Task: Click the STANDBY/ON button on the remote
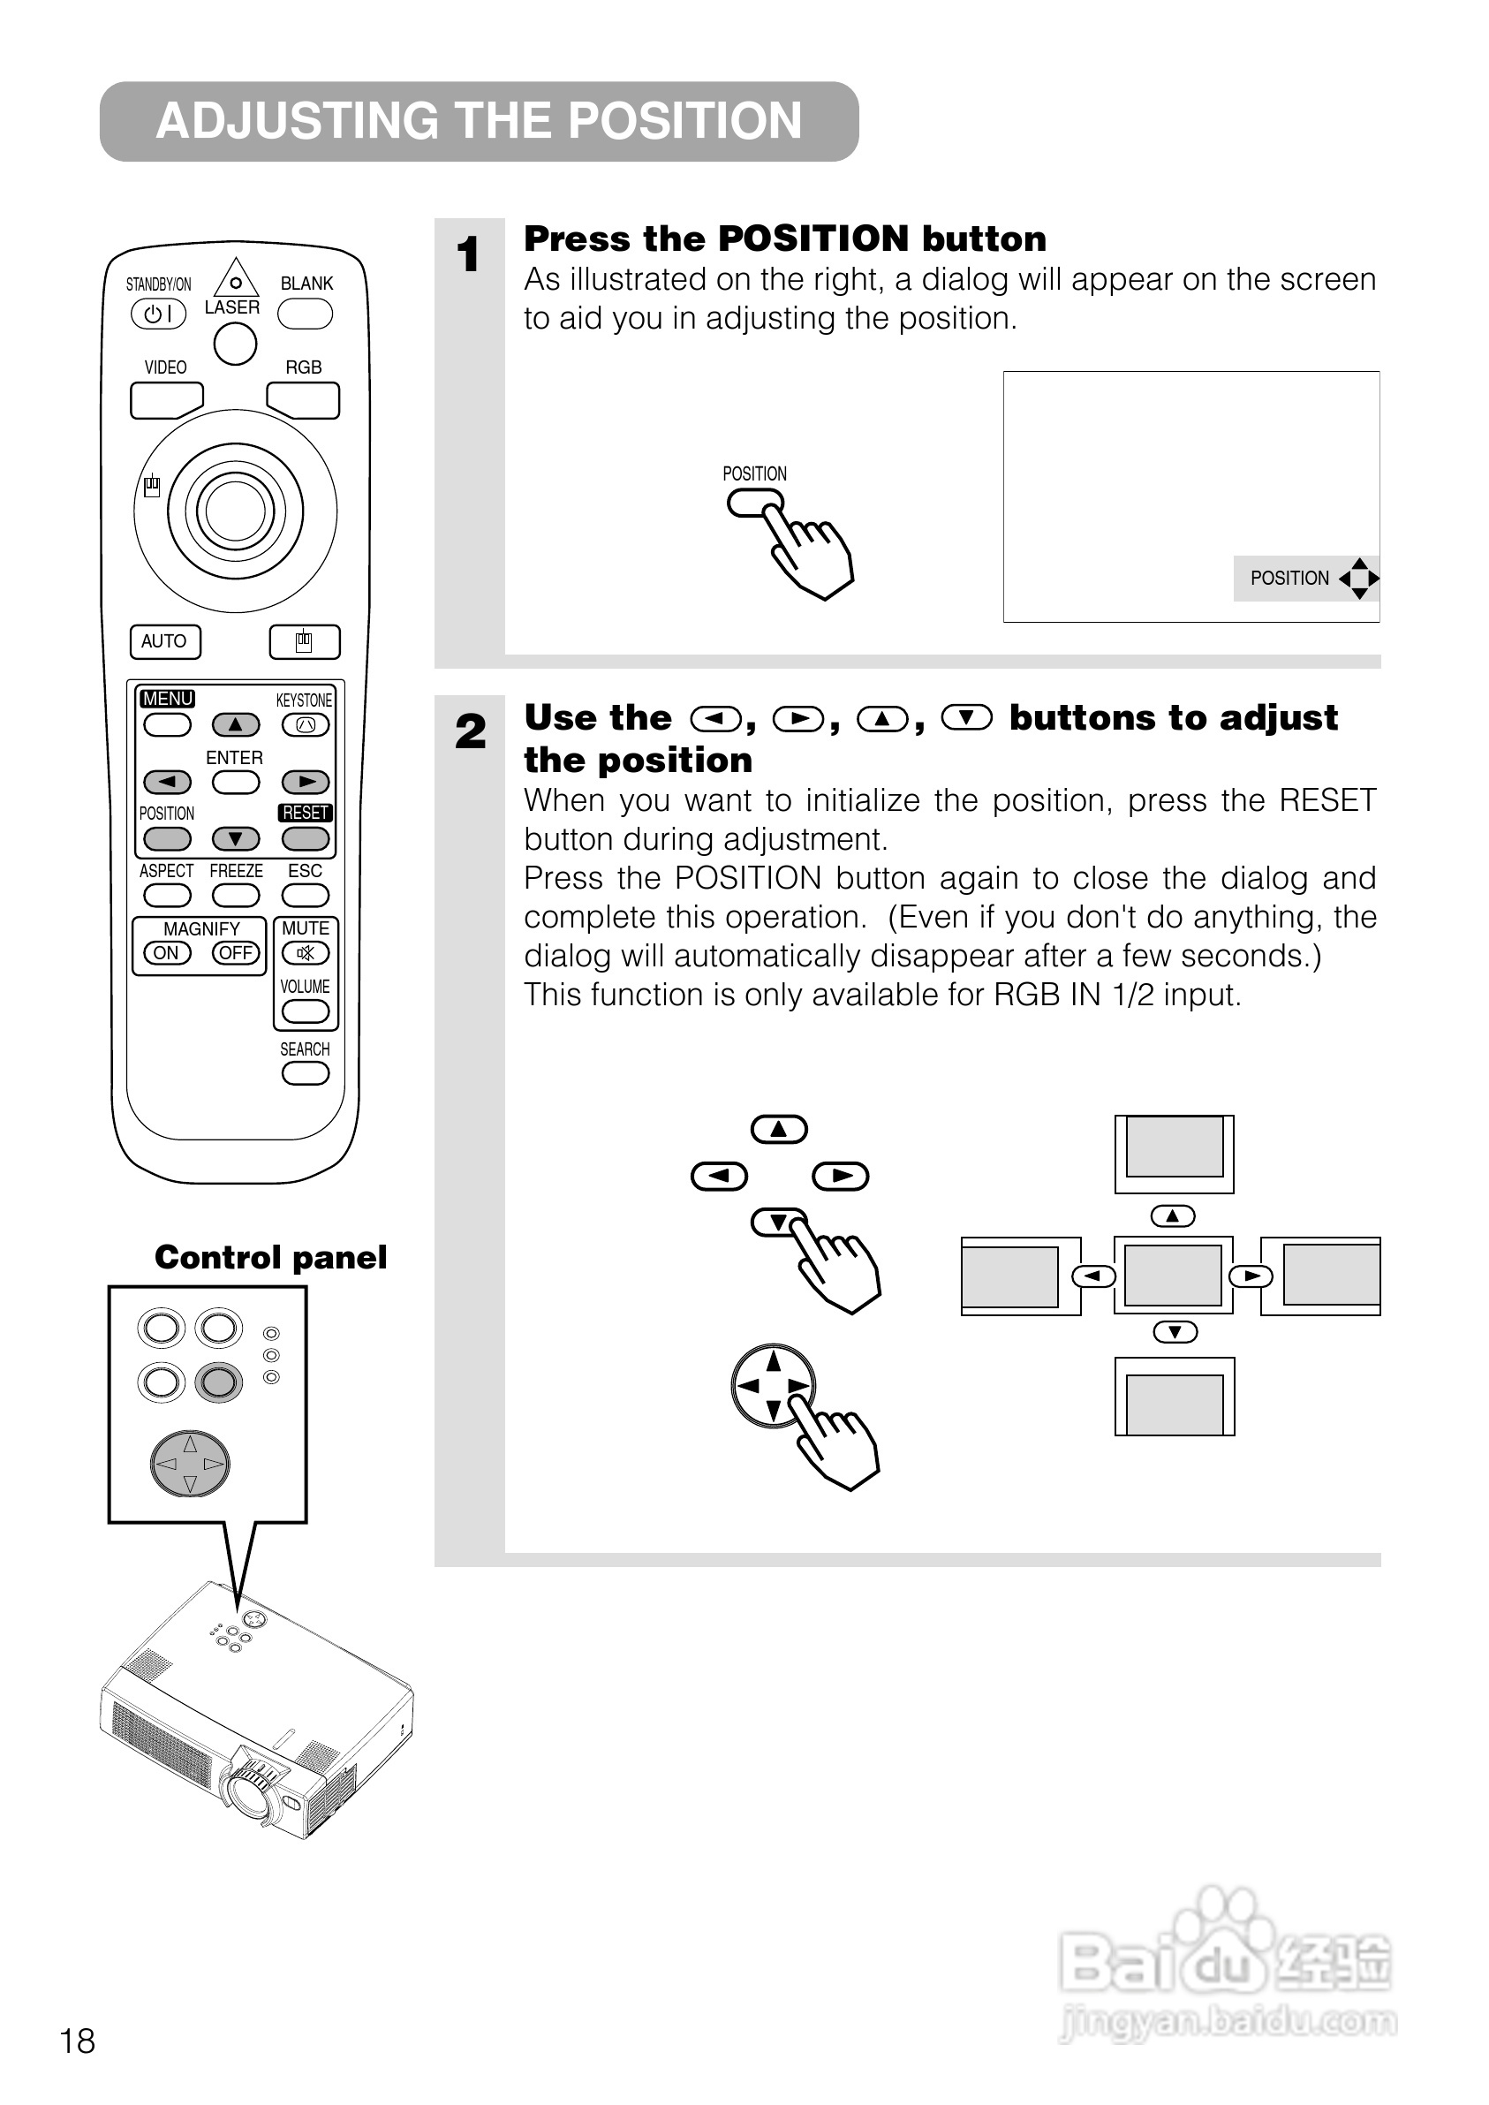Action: pos(159,314)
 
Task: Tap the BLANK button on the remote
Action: pos(306,314)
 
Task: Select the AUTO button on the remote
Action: pos(165,642)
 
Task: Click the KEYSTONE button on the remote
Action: pos(306,725)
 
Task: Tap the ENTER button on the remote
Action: pos(236,782)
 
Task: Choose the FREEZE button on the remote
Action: pos(236,895)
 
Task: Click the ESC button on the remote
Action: pos(306,895)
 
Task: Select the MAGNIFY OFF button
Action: pos(236,953)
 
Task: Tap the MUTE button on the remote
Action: pos(306,953)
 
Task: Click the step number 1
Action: pos(469,255)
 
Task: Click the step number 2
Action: pos(471,731)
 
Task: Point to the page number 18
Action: pos(77,2041)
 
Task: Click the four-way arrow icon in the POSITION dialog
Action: pos(1359,579)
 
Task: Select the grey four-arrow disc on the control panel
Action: pos(190,1463)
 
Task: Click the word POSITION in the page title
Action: pos(685,121)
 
